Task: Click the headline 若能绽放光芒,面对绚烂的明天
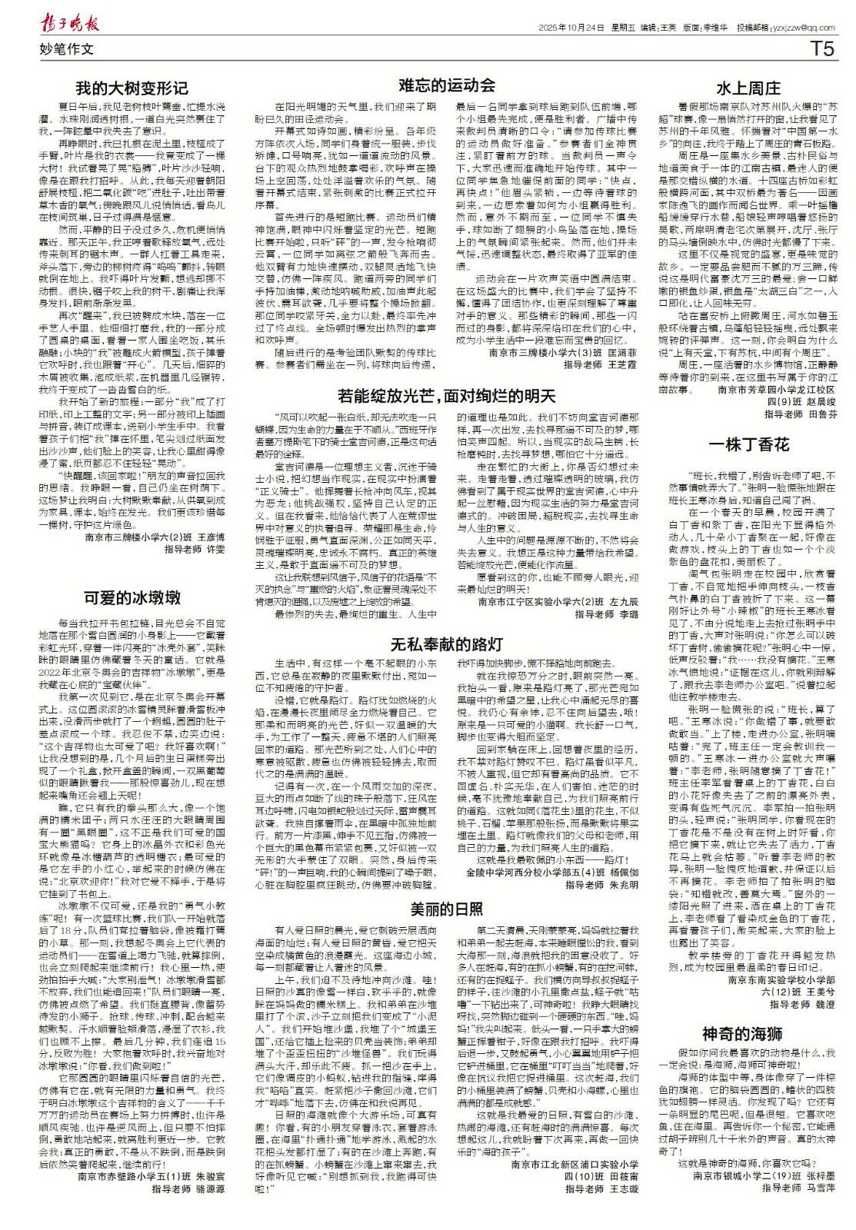tap(447, 397)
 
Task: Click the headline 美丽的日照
tap(446, 909)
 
